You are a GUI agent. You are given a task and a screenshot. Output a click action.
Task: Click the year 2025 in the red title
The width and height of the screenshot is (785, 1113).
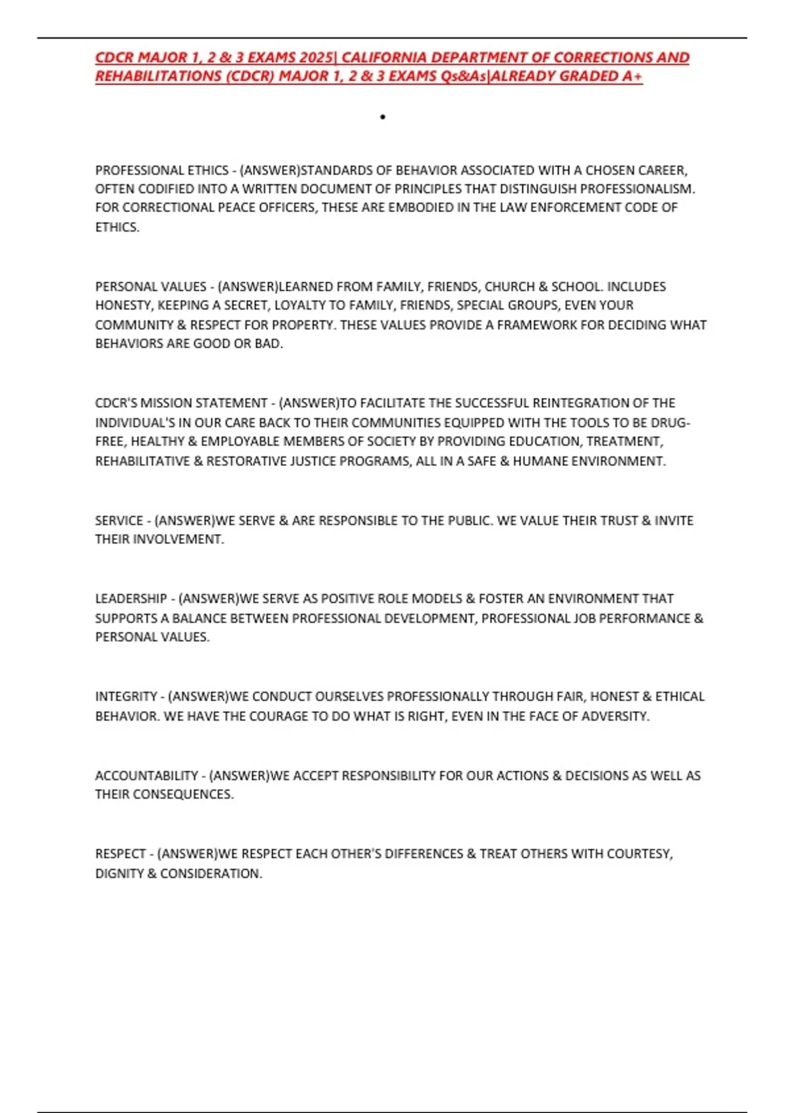(x=315, y=58)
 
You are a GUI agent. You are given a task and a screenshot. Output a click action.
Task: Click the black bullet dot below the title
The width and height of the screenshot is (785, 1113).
(x=383, y=117)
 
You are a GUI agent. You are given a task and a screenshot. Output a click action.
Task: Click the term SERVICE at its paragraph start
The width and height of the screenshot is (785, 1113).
(x=119, y=521)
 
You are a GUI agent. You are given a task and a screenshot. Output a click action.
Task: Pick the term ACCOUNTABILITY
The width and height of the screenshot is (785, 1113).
(x=147, y=776)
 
